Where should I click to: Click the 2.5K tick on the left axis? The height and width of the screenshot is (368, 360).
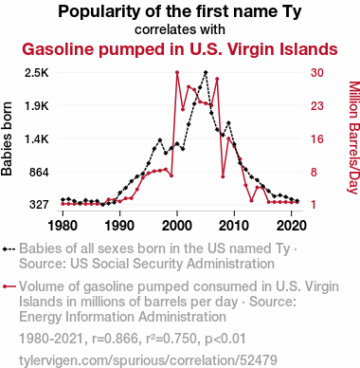coord(37,73)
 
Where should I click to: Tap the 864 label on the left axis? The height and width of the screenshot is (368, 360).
coord(39,173)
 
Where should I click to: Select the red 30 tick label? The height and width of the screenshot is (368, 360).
coord(317,73)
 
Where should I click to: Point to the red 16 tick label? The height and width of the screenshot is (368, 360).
coord(317,139)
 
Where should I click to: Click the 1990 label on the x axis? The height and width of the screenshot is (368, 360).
coord(119,226)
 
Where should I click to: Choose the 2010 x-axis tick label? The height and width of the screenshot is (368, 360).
coord(234,226)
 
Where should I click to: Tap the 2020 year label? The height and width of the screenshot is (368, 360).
coord(292,226)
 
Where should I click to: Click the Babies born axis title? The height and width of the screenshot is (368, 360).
coord(7,138)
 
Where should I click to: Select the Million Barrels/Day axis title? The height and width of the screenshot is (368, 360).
coord(353,138)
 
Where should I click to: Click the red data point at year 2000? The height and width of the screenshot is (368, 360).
coord(177,72)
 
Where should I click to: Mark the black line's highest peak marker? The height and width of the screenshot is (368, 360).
coord(206,72)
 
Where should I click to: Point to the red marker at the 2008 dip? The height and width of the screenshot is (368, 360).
coord(223,176)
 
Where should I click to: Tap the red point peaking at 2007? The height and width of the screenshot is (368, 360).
coord(217,79)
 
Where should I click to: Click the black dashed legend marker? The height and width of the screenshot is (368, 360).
coord(9,249)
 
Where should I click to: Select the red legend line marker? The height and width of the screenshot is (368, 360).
coord(9,286)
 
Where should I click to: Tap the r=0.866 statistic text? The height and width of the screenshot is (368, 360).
coord(116,339)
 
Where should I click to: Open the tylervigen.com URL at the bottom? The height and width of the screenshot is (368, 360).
coord(148,360)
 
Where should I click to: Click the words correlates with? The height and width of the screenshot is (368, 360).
coord(180,29)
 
